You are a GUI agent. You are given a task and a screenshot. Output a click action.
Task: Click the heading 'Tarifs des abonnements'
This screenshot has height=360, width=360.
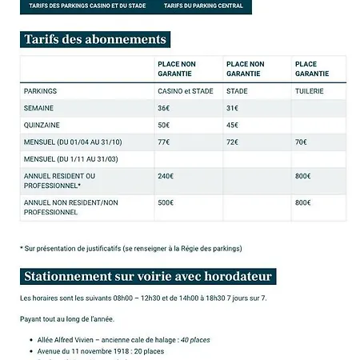click(x=95, y=39)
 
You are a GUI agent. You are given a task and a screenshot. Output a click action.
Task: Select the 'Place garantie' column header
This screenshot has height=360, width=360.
click(x=306, y=69)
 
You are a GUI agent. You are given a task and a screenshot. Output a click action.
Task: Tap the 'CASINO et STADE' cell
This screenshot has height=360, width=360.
click(x=184, y=91)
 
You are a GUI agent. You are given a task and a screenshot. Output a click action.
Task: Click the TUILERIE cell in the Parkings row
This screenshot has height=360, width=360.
click(x=309, y=91)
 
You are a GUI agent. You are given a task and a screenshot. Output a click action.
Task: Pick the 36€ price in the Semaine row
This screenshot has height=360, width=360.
click(x=164, y=108)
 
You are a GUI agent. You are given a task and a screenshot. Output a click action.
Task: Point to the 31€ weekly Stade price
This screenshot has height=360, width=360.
click(x=233, y=108)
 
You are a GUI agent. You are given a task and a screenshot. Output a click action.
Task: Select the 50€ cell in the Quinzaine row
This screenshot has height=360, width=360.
click(x=164, y=125)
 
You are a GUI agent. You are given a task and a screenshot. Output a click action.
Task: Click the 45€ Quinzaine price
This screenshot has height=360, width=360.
click(x=233, y=125)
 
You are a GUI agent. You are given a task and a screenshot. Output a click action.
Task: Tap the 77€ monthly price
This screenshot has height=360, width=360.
click(x=164, y=142)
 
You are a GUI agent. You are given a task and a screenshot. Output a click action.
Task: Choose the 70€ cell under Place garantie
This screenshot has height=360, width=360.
click(x=302, y=142)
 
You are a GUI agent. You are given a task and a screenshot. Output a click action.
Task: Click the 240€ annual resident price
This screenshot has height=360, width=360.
click(x=166, y=176)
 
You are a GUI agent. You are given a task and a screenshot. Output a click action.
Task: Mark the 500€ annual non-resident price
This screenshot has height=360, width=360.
click(x=166, y=203)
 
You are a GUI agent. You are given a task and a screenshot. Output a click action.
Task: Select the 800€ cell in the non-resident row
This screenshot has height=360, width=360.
click(x=303, y=203)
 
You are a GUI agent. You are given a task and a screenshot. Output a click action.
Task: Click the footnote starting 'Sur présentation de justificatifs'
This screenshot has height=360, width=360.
click(x=130, y=248)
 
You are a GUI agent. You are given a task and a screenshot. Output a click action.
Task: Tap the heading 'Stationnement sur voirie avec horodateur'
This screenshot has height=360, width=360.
click(x=149, y=278)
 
